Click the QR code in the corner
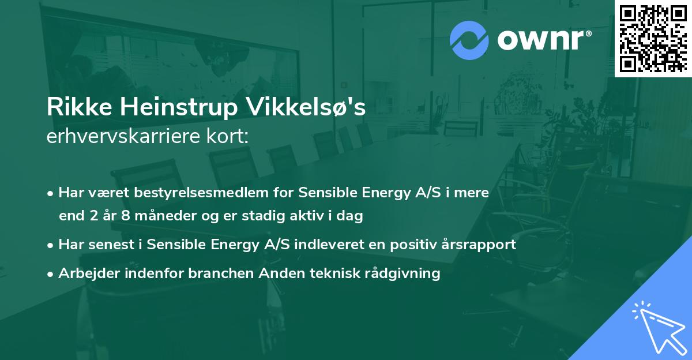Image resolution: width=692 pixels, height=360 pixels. coord(653,39)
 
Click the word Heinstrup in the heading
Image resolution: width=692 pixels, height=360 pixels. coord(171,108)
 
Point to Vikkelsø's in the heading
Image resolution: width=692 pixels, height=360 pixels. coord(306,107)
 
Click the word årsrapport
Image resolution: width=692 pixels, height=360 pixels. coord(480,245)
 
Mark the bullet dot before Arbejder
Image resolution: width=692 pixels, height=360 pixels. coord(51,273)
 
